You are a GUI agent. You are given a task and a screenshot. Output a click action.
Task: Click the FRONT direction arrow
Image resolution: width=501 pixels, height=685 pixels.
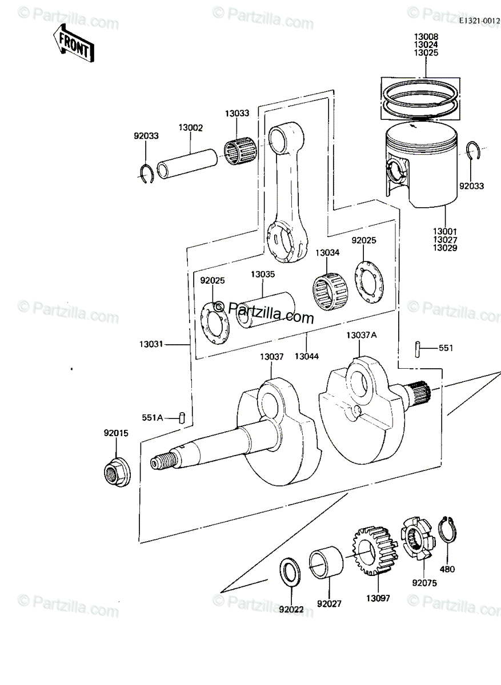click(74, 44)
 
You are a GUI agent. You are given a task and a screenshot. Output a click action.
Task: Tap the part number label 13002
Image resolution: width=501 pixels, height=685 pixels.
click(191, 128)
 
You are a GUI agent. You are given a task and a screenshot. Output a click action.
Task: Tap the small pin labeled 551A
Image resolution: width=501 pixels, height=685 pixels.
click(182, 417)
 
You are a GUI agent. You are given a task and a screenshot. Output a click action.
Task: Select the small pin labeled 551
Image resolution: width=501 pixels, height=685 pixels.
click(418, 349)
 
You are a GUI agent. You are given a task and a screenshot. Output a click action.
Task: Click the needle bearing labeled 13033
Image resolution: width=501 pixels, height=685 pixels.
click(241, 152)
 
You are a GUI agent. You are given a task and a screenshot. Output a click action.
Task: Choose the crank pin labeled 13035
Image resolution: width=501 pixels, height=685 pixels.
click(266, 310)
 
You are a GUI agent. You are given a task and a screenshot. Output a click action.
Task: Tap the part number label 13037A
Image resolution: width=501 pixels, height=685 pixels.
click(362, 336)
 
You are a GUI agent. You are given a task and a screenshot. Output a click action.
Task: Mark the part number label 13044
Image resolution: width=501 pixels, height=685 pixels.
click(307, 356)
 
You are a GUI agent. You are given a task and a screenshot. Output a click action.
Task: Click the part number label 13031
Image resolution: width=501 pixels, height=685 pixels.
click(151, 344)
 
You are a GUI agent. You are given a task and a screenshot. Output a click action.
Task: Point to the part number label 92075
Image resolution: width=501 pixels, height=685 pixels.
click(424, 583)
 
